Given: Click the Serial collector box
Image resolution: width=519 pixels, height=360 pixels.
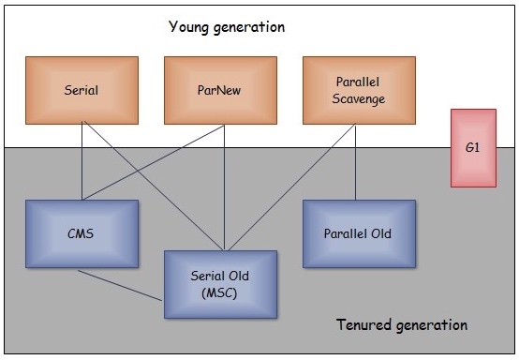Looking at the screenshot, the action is click(x=82, y=90).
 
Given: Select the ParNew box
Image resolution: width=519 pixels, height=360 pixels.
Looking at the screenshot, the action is click(x=220, y=90).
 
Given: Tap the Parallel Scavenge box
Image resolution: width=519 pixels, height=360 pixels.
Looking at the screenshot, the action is click(x=359, y=90).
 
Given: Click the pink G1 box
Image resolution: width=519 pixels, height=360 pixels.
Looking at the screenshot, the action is click(x=473, y=148).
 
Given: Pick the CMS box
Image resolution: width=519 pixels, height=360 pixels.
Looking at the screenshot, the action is click(x=82, y=233).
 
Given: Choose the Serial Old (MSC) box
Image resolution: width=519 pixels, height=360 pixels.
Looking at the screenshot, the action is click(x=220, y=284).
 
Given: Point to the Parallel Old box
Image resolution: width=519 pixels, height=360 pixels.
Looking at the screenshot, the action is click(x=359, y=233).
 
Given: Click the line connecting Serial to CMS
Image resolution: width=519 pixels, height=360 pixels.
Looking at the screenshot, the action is click(x=82, y=161).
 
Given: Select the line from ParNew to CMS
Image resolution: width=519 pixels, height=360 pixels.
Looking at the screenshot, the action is click(x=154, y=162).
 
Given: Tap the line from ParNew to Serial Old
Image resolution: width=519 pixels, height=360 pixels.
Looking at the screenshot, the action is click(x=224, y=187).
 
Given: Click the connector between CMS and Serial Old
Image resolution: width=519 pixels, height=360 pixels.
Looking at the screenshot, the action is click(x=120, y=286).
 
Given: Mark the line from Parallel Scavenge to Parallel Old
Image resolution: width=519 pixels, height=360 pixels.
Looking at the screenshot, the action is click(x=355, y=162).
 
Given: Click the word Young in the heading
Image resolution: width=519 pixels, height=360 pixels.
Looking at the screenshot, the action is click(x=188, y=27).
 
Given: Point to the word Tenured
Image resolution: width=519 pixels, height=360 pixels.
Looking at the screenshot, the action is click(x=363, y=324).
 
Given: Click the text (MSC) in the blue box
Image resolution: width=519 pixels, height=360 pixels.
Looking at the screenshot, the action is click(x=219, y=293).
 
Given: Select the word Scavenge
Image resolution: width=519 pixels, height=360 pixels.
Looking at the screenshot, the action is click(x=359, y=99).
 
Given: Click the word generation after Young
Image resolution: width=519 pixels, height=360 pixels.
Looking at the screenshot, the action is click(x=249, y=27).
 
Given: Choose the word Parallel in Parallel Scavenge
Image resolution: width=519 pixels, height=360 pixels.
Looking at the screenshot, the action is click(x=358, y=82).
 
